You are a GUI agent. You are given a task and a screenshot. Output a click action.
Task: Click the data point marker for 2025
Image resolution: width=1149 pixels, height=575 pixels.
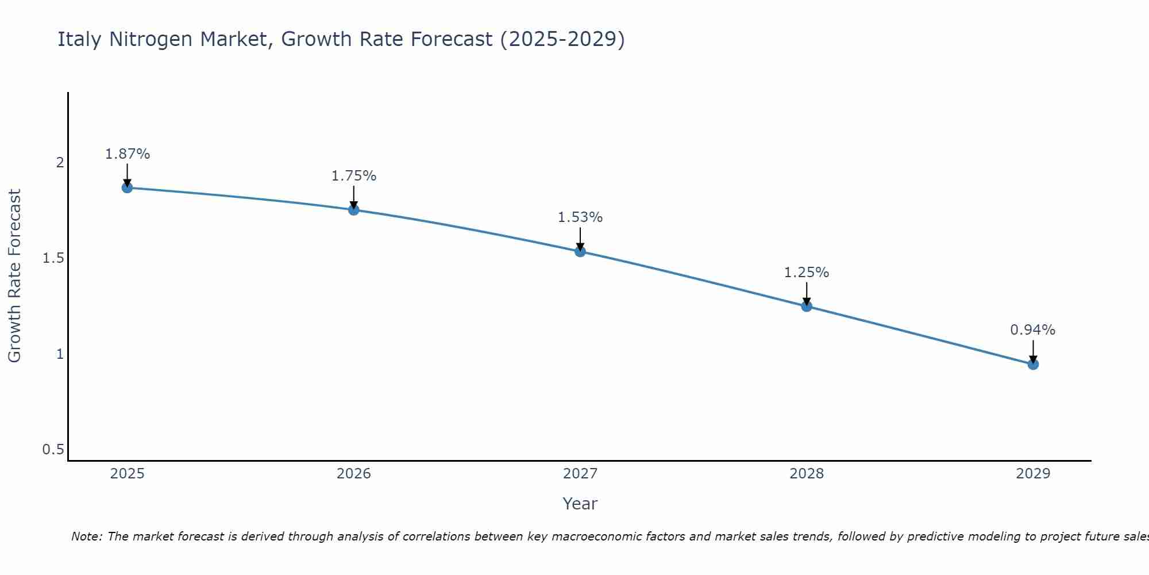[127, 187]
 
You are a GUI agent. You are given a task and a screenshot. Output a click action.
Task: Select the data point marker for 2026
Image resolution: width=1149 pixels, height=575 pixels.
[354, 210]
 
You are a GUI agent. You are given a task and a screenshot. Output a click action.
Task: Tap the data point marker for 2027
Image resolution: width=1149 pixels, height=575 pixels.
[580, 251]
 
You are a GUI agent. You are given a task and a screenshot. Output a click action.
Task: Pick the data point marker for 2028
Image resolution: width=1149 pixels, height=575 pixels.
[807, 306]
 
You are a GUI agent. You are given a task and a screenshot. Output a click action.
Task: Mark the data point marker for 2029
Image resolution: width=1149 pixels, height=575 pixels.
[1033, 364]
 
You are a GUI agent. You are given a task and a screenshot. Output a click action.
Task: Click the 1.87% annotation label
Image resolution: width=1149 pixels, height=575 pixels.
[127, 154]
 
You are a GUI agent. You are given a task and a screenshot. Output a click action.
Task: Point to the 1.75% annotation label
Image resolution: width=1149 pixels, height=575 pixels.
[354, 176]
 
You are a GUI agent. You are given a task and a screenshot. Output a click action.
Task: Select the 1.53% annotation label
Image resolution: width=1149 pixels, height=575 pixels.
[580, 217]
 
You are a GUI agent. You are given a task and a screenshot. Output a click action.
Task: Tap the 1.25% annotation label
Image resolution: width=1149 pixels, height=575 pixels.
[807, 273]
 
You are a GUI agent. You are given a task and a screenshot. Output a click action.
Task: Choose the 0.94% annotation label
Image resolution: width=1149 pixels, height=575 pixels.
[1033, 330]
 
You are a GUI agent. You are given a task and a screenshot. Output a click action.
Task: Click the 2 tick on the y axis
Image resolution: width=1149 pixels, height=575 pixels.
[60, 163]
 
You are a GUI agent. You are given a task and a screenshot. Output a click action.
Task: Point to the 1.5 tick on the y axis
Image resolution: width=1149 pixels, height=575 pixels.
[53, 258]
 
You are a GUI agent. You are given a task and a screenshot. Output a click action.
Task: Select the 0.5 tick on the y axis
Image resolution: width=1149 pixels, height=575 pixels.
[53, 450]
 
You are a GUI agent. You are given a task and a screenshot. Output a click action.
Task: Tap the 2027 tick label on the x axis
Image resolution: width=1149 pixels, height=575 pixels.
[580, 474]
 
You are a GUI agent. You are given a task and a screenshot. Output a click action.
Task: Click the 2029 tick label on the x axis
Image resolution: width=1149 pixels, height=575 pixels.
[1033, 474]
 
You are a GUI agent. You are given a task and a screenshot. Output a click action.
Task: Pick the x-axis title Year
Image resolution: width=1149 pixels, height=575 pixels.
[580, 504]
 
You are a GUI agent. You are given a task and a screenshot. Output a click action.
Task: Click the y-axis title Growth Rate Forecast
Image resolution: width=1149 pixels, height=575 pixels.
[14, 276]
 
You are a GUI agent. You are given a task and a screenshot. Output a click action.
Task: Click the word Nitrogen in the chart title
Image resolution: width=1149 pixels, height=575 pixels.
[151, 39]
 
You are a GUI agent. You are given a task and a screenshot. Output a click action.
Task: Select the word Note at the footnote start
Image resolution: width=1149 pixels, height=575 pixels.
[86, 536]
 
